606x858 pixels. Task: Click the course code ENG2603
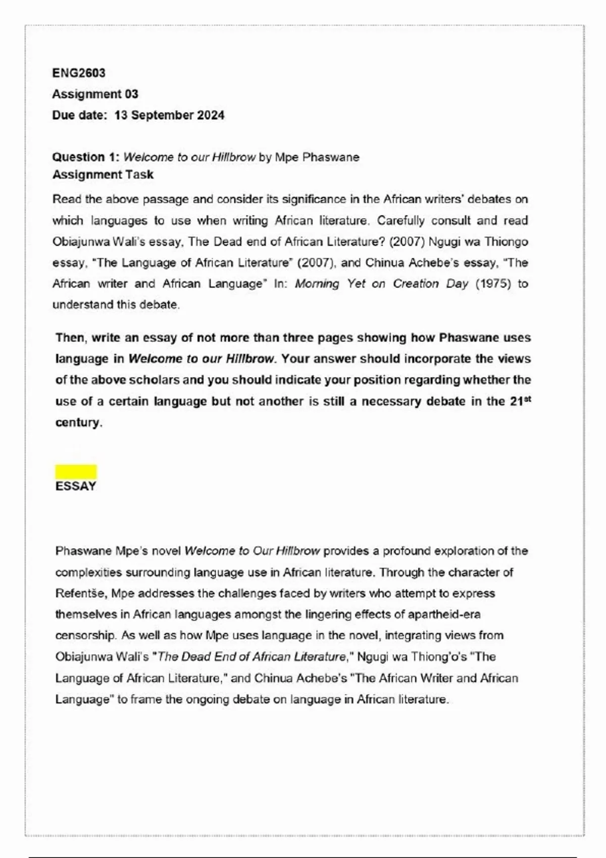click(79, 73)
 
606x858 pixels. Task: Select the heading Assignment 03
click(95, 94)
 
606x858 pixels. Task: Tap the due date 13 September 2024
click(169, 115)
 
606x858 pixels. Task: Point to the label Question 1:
click(86, 157)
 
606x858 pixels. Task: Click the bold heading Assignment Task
click(103, 175)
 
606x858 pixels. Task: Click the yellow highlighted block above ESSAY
click(76, 472)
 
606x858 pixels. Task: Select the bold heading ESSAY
click(76, 486)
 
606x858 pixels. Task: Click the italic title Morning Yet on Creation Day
click(382, 284)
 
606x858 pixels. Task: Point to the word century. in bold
click(79, 422)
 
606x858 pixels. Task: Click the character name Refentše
click(80, 594)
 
